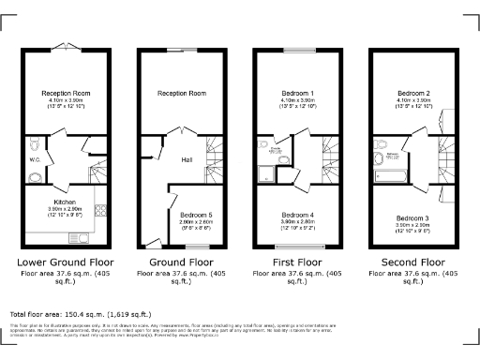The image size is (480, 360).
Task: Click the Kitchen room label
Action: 64,202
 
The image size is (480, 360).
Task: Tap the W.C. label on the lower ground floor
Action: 35,159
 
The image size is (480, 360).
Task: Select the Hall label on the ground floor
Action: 187,159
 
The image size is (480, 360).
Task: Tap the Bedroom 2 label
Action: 413,94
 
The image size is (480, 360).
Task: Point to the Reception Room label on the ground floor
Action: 181,94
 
